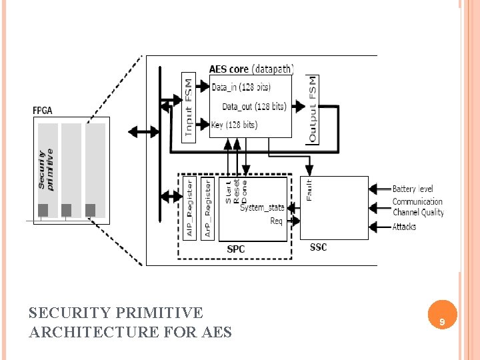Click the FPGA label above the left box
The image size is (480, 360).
(43, 110)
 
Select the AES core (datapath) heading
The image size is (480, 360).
(251, 68)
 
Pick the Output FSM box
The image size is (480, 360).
(313, 109)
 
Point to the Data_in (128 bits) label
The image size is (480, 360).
(241, 87)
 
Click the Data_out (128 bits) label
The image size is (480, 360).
(253, 106)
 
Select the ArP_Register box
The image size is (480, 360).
(207, 207)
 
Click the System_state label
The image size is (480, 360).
(262, 207)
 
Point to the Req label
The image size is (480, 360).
(276, 221)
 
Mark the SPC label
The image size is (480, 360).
(236, 249)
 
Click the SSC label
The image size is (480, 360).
(319, 247)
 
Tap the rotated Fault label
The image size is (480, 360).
(309, 189)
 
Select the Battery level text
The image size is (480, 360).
(413, 189)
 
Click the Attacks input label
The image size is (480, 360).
(404, 227)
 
